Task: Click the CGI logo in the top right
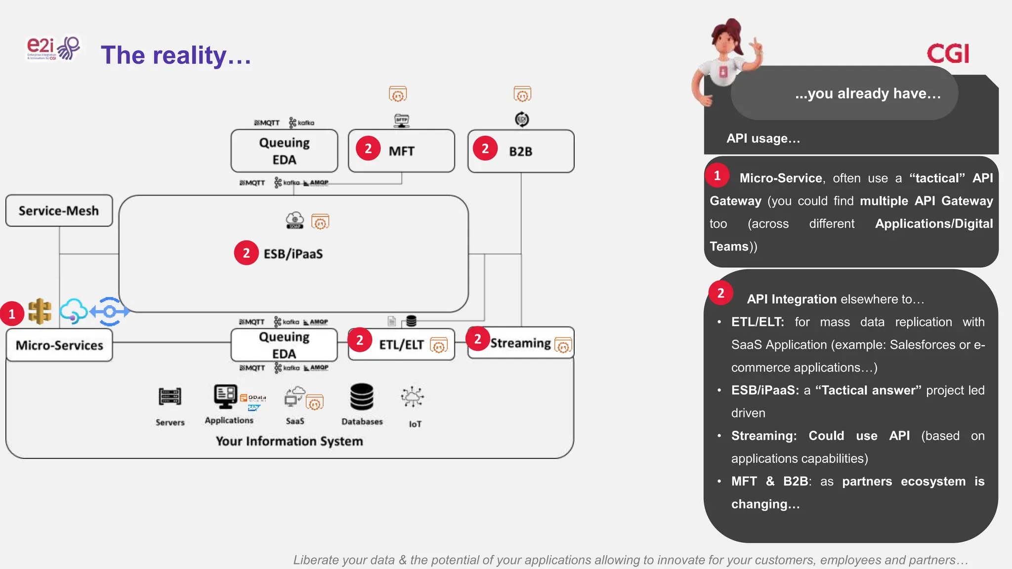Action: tap(947, 53)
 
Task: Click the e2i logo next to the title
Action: tap(52, 48)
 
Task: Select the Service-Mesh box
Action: tap(59, 211)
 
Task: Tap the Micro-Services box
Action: tap(59, 345)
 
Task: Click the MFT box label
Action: tap(401, 151)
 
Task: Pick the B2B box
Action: tap(520, 151)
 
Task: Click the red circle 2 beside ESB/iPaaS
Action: tap(246, 253)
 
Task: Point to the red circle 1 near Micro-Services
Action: tap(12, 314)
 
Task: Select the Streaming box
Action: tap(520, 343)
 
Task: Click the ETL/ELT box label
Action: tap(401, 344)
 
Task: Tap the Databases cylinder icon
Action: tap(362, 397)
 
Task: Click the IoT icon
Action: tap(412, 397)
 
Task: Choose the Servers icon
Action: tap(170, 397)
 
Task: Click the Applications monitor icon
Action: tap(225, 396)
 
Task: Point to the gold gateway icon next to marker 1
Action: tap(40, 311)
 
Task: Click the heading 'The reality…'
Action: tap(176, 55)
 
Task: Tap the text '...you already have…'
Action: tap(867, 93)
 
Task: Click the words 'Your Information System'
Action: tap(289, 441)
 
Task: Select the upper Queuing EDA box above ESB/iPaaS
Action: tap(284, 151)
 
